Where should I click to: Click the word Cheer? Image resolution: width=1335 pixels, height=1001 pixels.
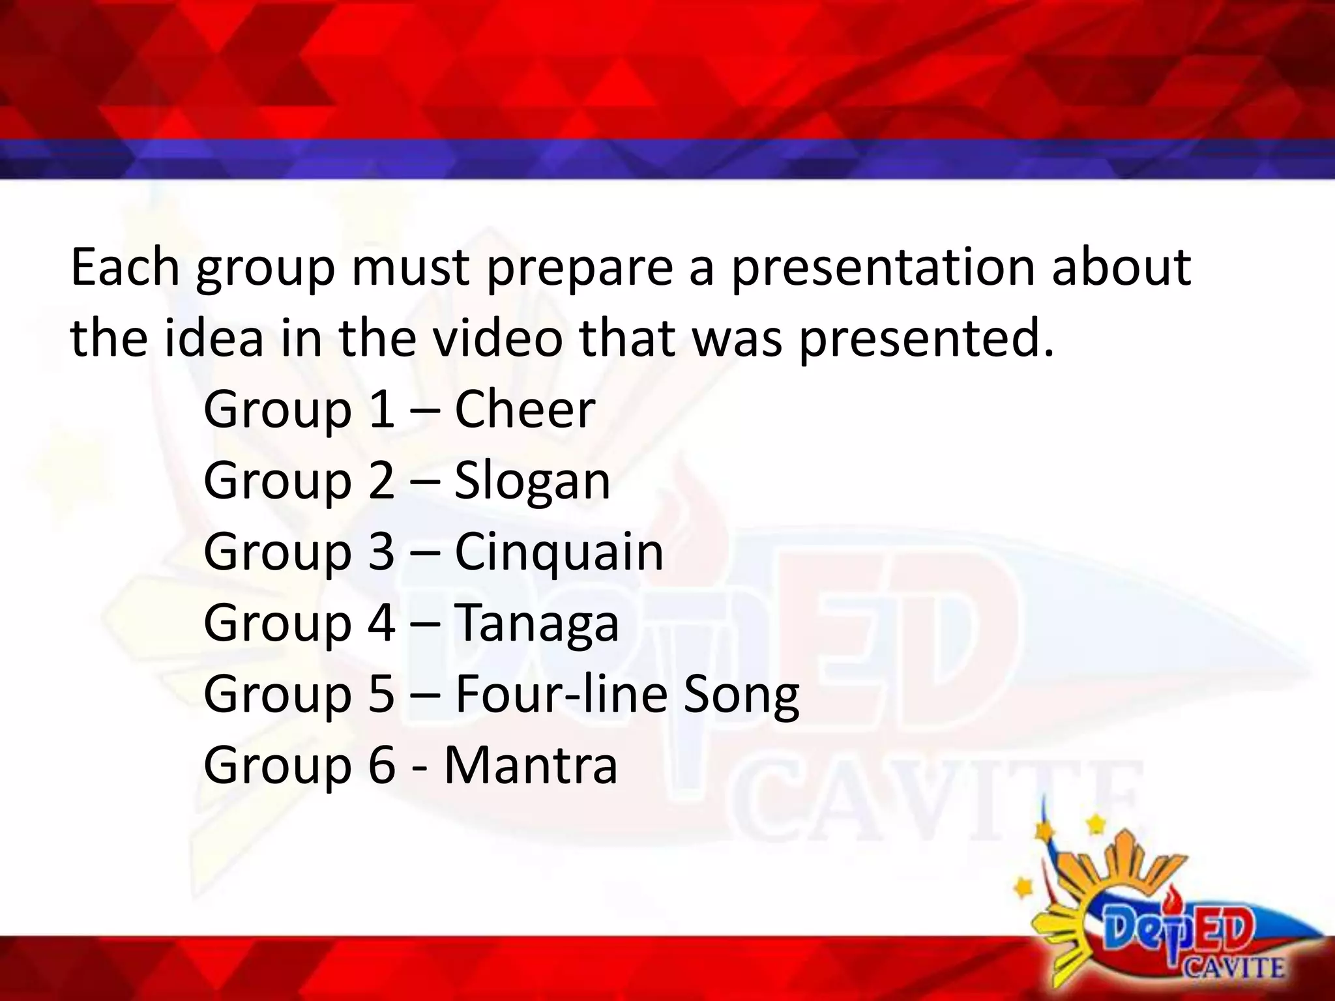(x=524, y=409)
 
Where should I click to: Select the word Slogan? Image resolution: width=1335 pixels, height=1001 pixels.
(x=532, y=480)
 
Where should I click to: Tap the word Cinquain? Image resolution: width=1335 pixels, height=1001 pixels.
(x=558, y=551)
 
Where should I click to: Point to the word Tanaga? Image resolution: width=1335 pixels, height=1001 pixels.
(x=536, y=622)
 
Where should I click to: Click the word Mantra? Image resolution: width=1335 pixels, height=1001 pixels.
(x=531, y=764)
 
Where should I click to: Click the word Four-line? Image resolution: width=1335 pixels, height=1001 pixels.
(x=561, y=693)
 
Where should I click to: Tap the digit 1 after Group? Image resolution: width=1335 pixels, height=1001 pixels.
(x=381, y=409)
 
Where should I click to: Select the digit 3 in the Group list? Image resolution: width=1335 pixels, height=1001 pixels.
(x=381, y=551)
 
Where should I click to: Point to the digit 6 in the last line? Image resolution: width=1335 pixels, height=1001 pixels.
(x=381, y=764)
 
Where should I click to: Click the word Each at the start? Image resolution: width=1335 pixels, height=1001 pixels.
(x=125, y=267)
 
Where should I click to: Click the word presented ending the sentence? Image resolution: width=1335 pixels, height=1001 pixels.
(x=926, y=340)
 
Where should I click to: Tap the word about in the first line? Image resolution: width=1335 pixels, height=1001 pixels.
(x=1121, y=267)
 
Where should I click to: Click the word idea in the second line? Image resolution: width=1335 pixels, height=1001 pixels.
(x=214, y=338)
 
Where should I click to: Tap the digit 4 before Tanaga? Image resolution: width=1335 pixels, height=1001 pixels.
(x=381, y=622)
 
